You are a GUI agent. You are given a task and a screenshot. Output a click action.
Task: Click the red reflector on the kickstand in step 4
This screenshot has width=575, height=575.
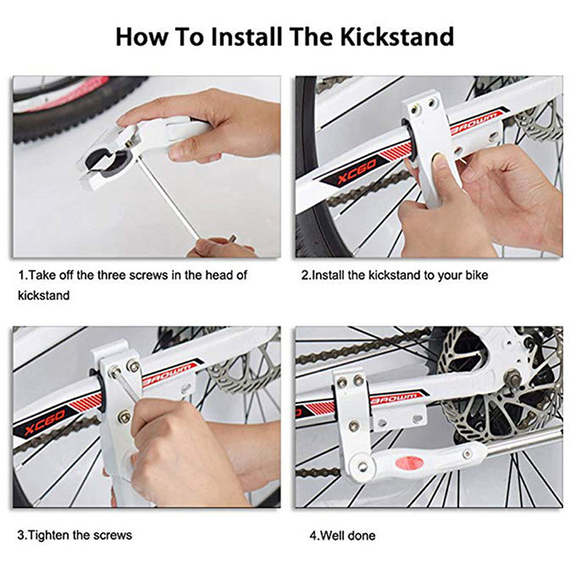pyautogui.click(x=402, y=461)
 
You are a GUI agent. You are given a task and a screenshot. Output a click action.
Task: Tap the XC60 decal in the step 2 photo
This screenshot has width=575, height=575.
pyautogui.click(x=356, y=172)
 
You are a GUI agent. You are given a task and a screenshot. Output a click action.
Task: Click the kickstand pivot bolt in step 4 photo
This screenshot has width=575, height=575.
pyautogui.click(x=362, y=466)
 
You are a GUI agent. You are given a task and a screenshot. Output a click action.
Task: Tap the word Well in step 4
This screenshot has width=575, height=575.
pyautogui.click(x=333, y=535)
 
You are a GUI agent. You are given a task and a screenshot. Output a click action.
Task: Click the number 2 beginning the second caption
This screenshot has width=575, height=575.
pyautogui.click(x=304, y=275)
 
